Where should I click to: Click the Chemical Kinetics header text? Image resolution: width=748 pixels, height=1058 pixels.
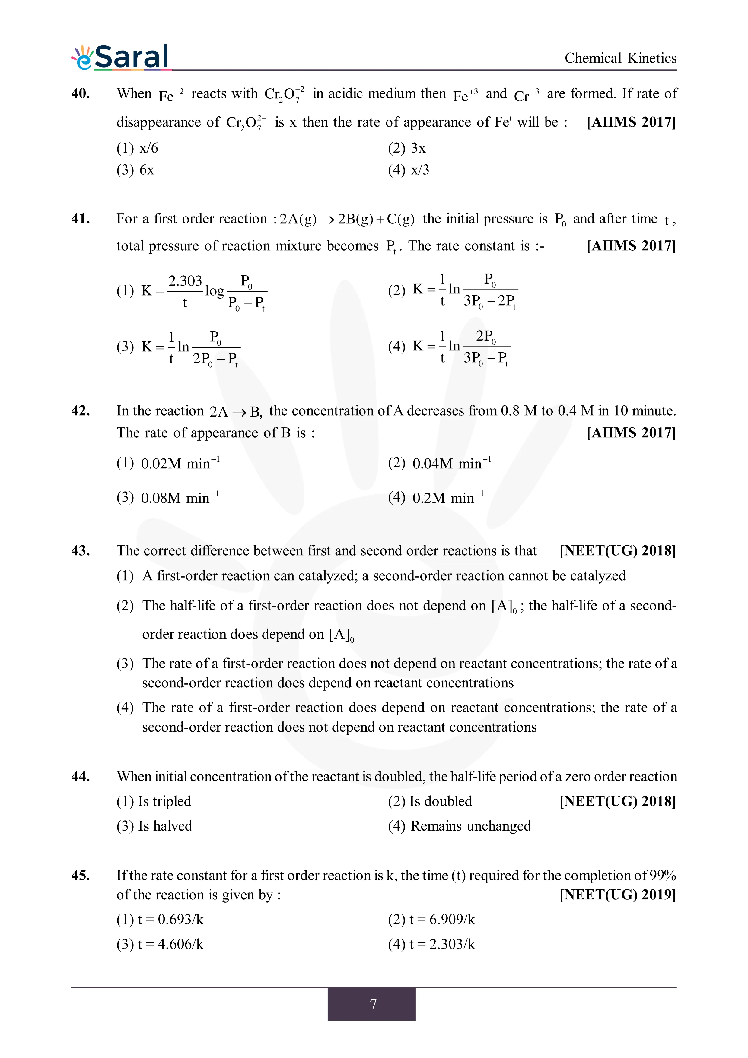coord(620,59)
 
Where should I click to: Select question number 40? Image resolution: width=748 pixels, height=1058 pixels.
coord(81,93)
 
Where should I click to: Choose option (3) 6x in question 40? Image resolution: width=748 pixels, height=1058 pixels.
coord(135,170)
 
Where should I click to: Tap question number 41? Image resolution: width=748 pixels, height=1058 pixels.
coord(81,218)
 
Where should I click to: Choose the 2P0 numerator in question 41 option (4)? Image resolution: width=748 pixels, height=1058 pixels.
coord(486,336)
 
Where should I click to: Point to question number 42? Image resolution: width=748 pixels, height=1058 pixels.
coord(81,410)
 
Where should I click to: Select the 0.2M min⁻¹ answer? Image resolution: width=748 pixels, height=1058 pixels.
coord(436,498)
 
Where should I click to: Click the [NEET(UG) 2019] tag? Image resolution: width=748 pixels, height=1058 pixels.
coord(618,895)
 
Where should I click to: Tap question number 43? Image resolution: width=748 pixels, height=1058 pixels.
coord(81,551)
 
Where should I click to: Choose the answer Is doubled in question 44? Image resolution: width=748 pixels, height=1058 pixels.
coord(430,801)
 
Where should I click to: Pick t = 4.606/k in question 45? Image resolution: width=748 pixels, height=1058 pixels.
coord(160,944)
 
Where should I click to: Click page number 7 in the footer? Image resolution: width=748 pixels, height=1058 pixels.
coord(373,1004)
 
